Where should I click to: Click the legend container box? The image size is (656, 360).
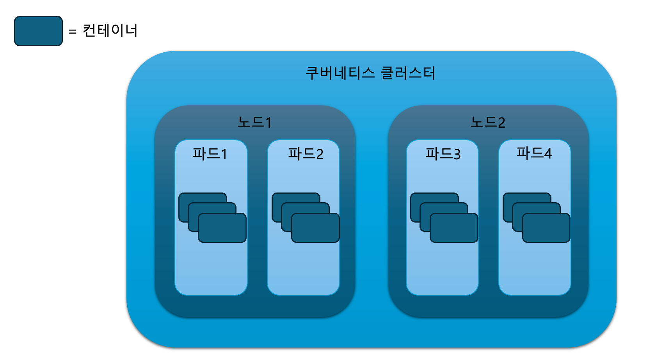[x=38, y=31]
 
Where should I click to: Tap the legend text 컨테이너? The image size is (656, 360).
[x=110, y=30]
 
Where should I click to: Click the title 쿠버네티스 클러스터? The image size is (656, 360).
[x=370, y=73]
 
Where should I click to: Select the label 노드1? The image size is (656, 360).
[x=254, y=122]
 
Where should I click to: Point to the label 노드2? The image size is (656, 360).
[x=487, y=122]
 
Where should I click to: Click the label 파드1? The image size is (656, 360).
[x=210, y=154]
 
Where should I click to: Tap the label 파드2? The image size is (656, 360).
[x=306, y=154]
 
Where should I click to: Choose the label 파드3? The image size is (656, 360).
[x=443, y=154]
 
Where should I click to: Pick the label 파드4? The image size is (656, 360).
[x=534, y=153]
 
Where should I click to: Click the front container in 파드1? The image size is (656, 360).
[x=222, y=228]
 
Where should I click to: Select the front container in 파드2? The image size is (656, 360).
[x=316, y=228]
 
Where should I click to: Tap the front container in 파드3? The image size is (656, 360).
[x=454, y=228]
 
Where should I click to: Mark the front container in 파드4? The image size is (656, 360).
[x=546, y=228]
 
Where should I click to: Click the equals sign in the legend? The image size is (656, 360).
[x=72, y=31]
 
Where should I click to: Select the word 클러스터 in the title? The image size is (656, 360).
[x=408, y=73]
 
